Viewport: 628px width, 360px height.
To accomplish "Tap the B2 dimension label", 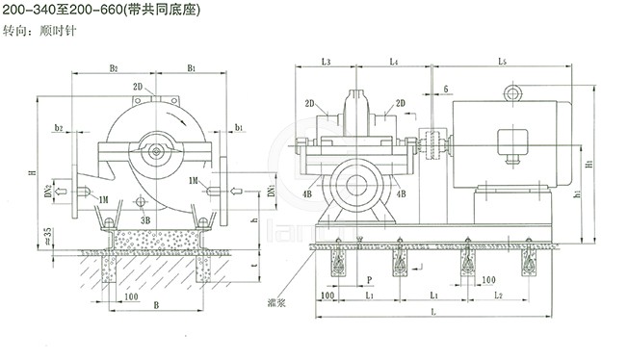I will click(x=114, y=68).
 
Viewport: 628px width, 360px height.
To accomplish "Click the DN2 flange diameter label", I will click(x=47, y=187).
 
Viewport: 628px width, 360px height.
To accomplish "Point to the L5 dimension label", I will click(x=503, y=62).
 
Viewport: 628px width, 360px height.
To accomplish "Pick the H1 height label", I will click(x=589, y=165).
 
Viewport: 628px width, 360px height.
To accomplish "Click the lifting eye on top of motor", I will click(x=510, y=93).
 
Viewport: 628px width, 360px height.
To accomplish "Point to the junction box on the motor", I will click(x=510, y=141).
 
